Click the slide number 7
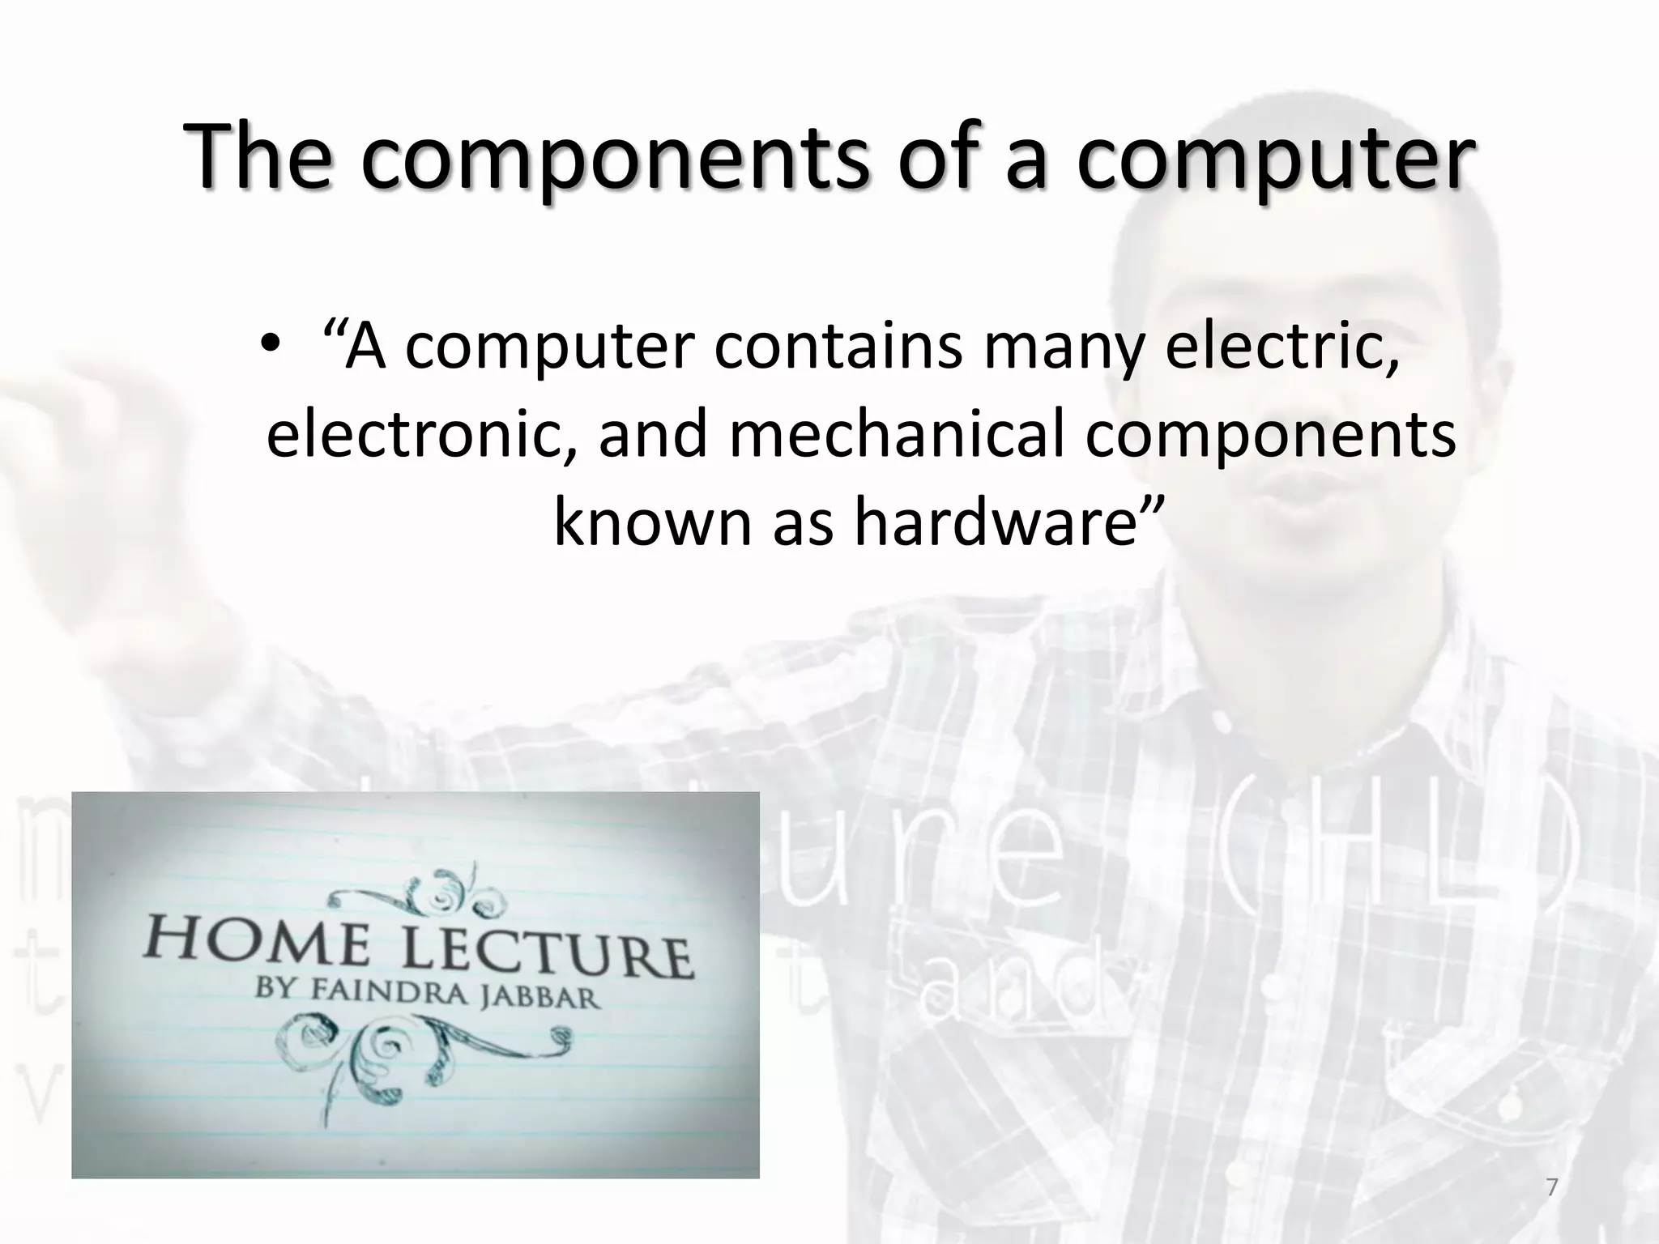pos(1551,1187)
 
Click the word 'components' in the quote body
pos(1269,435)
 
